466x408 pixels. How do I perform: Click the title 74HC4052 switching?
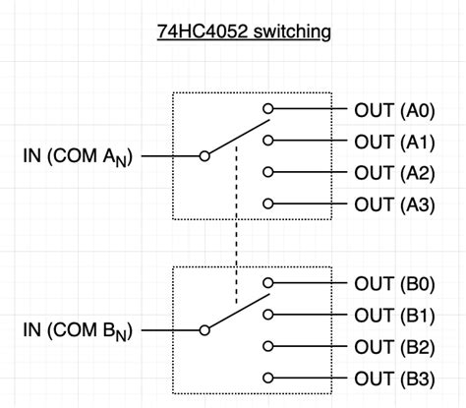pos(244,32)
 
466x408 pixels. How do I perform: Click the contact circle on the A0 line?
pos(267,110)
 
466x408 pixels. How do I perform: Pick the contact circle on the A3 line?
pos(267,204)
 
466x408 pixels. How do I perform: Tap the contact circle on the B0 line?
pos(267,285)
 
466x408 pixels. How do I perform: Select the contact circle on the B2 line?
pos(267,347)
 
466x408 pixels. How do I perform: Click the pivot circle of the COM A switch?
pos(204,156)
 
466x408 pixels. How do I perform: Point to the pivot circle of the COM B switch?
pos(204,331)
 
